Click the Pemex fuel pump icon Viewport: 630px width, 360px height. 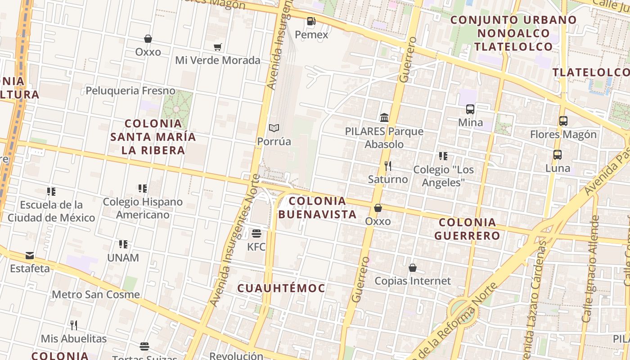(x=311, y=21)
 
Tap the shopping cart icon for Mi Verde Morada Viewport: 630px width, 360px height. (x=218, y=47)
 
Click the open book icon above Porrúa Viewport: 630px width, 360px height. (x=274, y=128)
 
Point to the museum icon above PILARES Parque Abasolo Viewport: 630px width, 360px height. (x=384, y=118)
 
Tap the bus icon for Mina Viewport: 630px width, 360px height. (x=470, y=109)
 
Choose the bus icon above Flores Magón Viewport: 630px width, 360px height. (x=563, y=121)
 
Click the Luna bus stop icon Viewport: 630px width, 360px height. (x=558, y=155)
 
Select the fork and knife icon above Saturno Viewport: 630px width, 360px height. (x=388, y=166)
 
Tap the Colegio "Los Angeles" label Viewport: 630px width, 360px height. (x=443, y=176)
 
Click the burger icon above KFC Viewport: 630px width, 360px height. (x=256, y=234)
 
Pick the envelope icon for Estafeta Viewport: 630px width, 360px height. (x=30, y=256)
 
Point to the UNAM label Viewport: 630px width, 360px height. (x=123, y=258)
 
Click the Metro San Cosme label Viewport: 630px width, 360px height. (x=96, y=295)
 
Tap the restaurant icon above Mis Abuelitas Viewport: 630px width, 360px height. (x=74, y=325)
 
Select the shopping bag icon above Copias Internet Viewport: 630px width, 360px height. (x=413, y=268)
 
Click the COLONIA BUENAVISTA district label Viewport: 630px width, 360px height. (x=318, y=207)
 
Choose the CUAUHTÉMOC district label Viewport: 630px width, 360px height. (x=281, y=288)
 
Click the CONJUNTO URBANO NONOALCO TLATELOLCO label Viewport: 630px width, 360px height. (x=513, y=33)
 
